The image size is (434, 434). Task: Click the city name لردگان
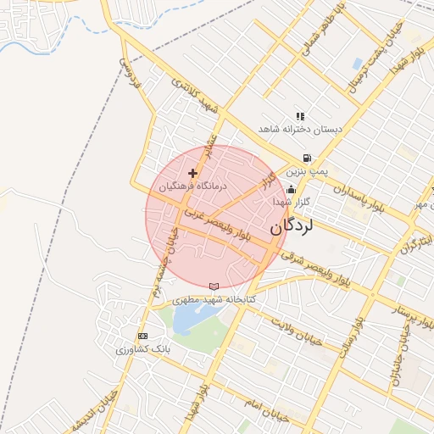pos(292,227)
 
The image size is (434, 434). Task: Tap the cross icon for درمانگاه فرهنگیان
pos(192,173)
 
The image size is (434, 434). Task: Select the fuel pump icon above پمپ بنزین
pos(306,158)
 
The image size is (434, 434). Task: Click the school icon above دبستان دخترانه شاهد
pos(299,116)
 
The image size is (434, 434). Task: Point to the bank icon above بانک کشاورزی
pos(142,337)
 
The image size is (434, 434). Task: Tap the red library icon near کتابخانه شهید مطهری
pos(213,286)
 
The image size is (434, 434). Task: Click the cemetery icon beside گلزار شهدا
pos(292,190)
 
